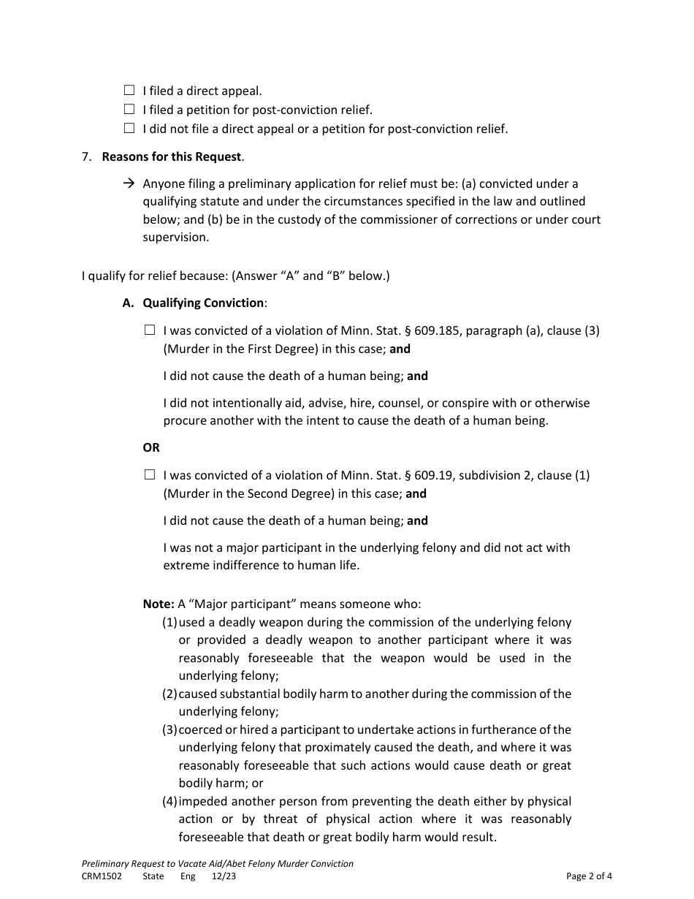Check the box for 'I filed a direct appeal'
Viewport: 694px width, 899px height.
129,91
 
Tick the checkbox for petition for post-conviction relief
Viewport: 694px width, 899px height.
129,110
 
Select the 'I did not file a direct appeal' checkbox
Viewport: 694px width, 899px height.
129,129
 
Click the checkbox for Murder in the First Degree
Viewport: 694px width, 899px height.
150,330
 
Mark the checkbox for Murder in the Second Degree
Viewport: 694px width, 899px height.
150,475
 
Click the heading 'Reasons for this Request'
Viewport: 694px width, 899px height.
172,156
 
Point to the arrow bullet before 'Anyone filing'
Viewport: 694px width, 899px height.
129,183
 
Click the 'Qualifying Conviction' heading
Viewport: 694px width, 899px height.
203,303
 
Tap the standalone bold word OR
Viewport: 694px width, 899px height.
151,447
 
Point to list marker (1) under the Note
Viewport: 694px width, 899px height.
169,623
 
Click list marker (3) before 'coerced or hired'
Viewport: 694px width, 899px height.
169,729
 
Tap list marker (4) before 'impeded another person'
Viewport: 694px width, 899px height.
169,801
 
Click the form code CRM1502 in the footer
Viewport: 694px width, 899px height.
102,876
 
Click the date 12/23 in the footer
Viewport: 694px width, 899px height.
224,876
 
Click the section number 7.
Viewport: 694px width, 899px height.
86,156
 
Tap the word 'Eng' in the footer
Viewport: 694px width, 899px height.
188,876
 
